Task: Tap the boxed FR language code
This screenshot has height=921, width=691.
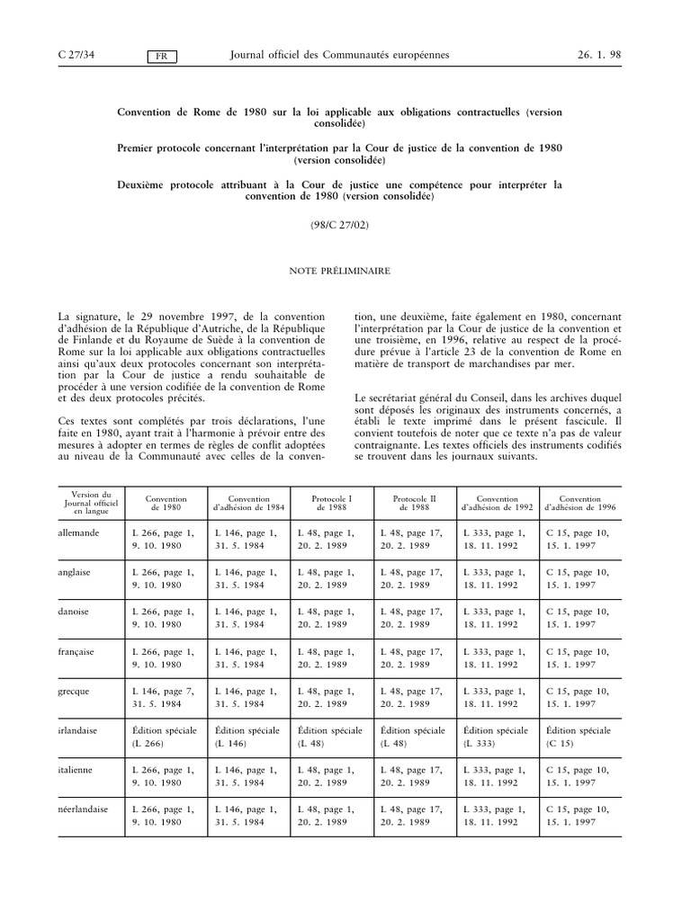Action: (162, 57)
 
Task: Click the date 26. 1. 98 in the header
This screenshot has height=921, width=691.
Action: (598, 56)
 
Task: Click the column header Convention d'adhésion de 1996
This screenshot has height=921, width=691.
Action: (580, 502)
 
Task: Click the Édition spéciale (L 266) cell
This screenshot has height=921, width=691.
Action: (164, 737)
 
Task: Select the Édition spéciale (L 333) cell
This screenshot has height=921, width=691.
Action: (496, 737)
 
